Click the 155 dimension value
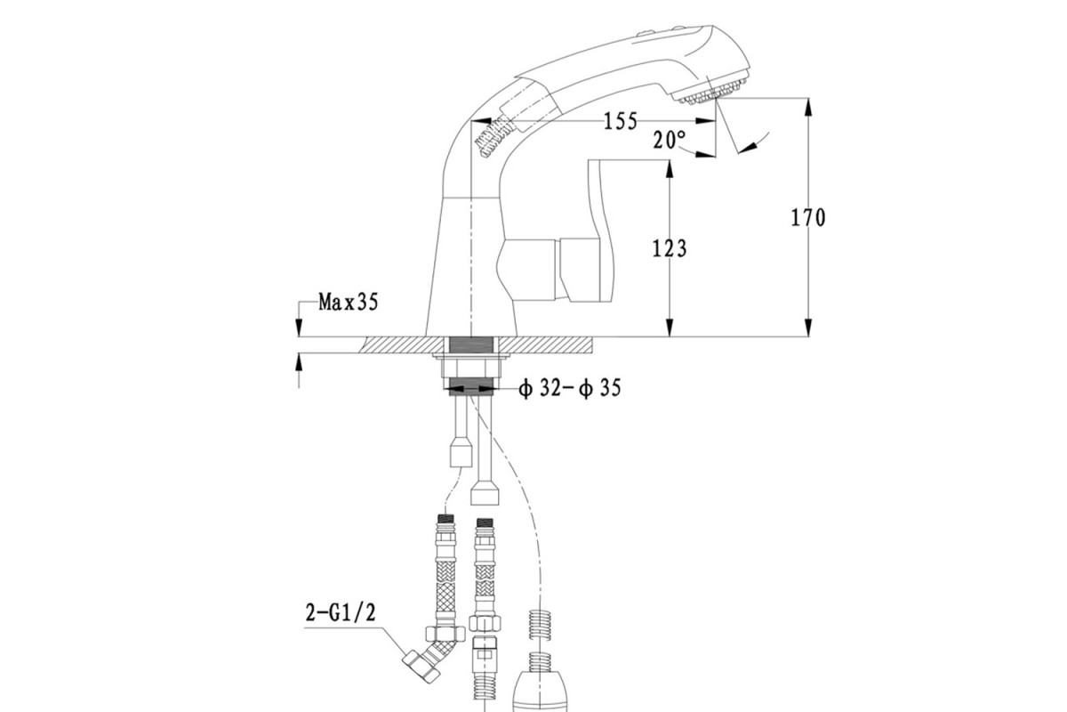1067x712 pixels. [621, 122]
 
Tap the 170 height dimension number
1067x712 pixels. [808, 218]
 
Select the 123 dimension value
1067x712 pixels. [670, 248]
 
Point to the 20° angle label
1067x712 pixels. [670, 140]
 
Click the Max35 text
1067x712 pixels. [349, 302]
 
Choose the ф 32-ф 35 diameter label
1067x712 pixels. [570, 389]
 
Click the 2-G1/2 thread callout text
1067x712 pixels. [341, 613]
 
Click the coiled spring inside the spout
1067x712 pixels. [494, 137]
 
